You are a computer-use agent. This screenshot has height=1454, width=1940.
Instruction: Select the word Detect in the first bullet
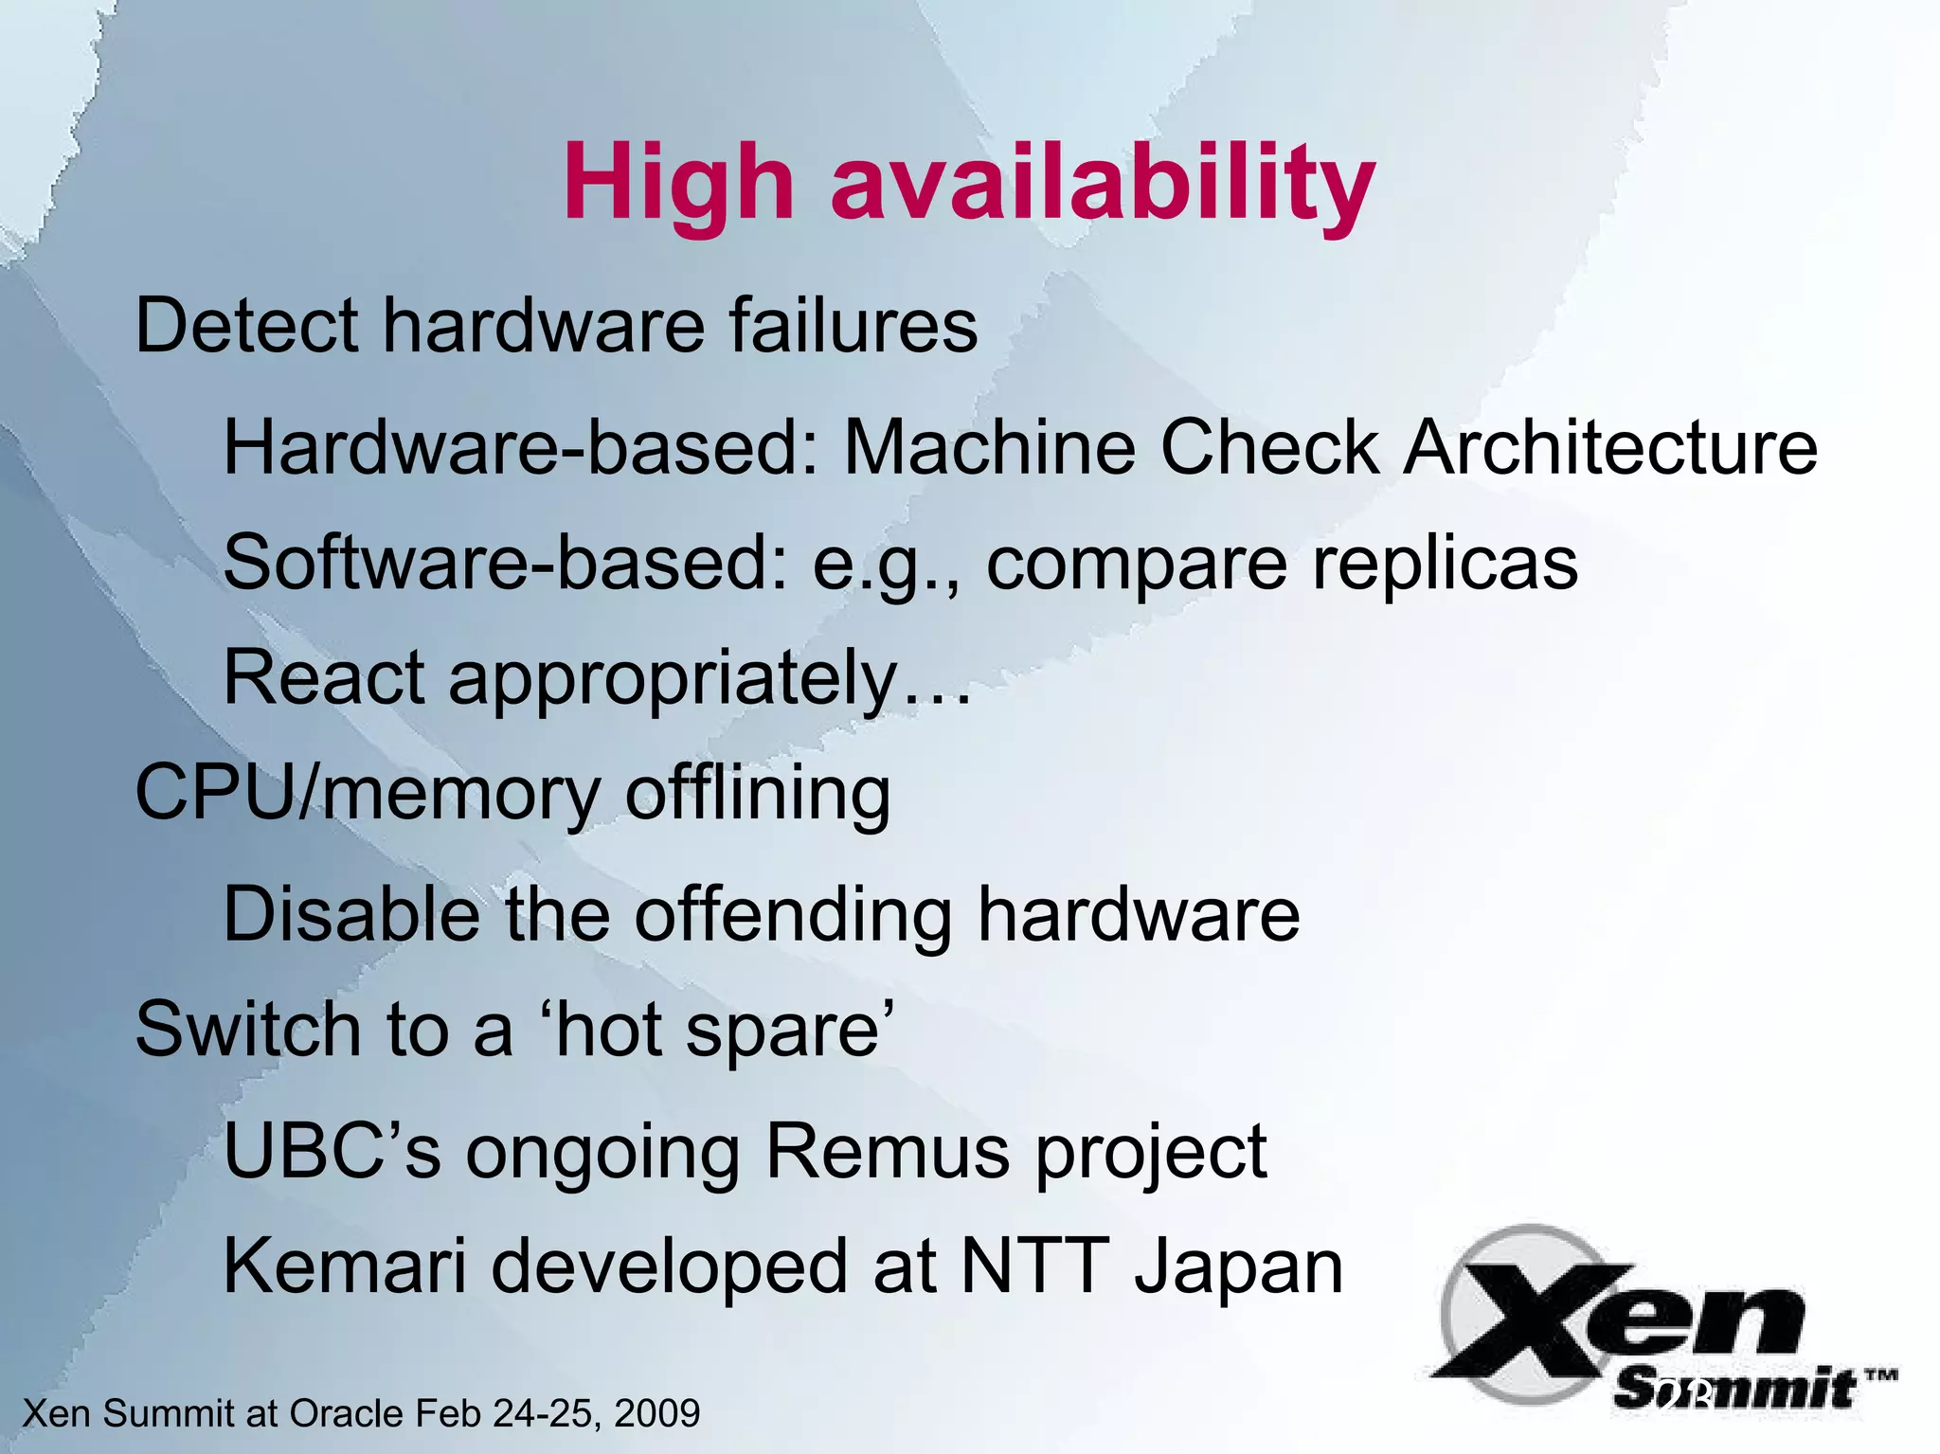[x=246, y=326]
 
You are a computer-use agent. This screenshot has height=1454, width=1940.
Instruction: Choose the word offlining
[x=758, y=794]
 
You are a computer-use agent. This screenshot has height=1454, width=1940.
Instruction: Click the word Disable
[x=351, y=914]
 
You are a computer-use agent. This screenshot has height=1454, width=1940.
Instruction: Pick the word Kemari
[x=345, y=1267]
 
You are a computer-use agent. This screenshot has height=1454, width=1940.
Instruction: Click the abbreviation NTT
[x=1035, y=1267]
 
